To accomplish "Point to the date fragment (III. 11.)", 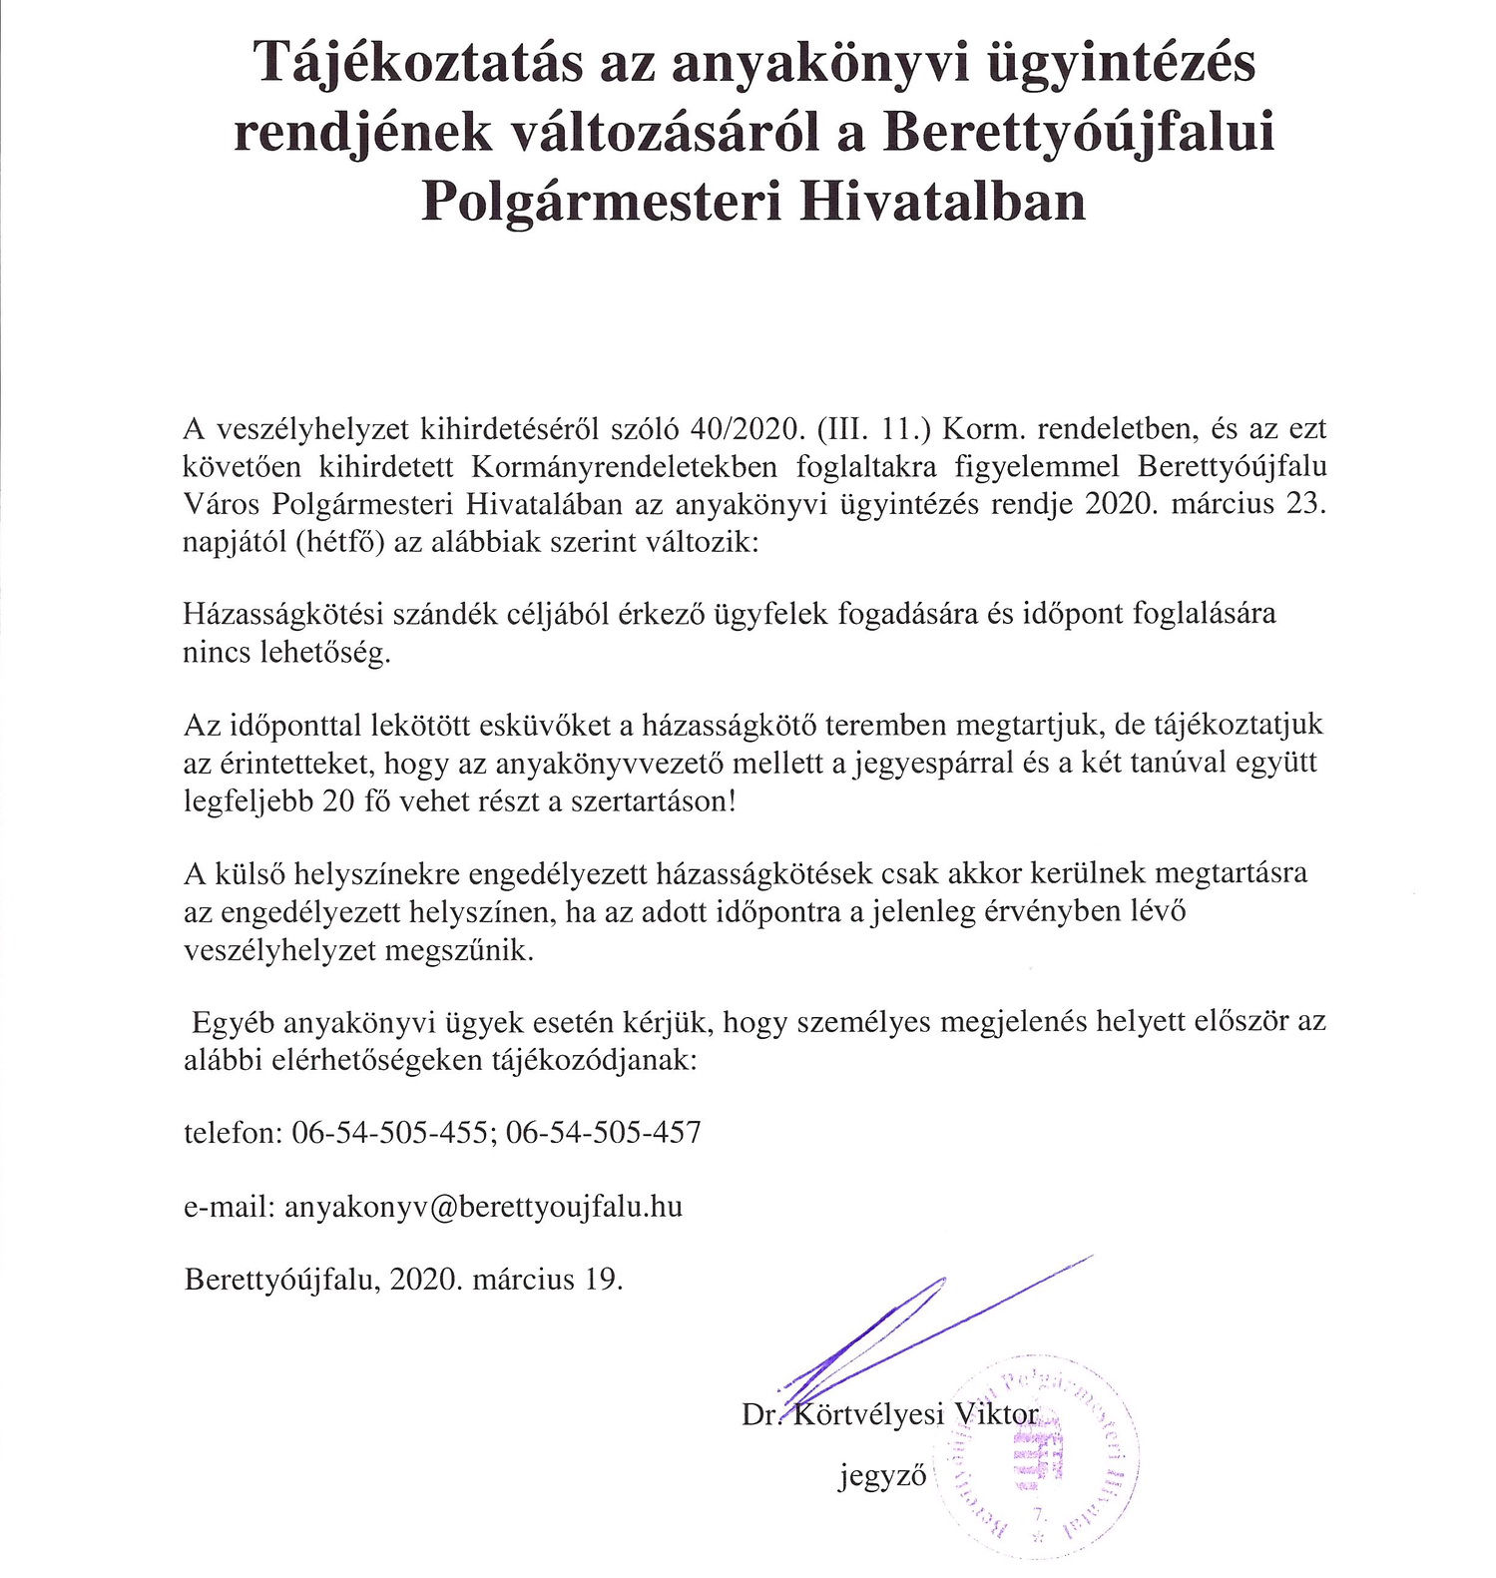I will coord(873,429).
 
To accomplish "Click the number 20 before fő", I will coord(338,801).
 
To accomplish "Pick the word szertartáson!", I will coord(653,801).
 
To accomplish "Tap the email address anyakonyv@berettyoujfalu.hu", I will coord(484,1207).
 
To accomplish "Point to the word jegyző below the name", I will coord(882,1476).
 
